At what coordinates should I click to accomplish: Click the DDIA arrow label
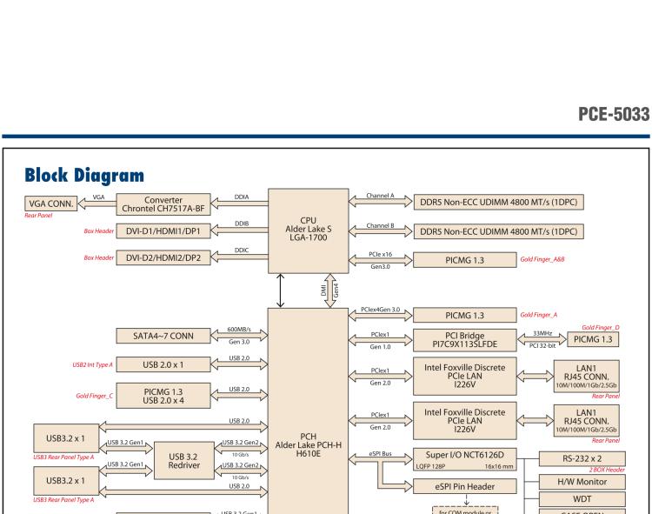click(x=241, y=197)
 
